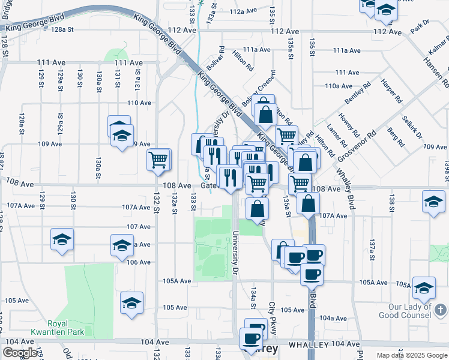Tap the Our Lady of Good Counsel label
point(410,310)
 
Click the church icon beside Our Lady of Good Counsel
point(441,310)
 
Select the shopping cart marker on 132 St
point(159,159)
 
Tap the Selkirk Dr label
point(414,127)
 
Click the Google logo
point(20,353)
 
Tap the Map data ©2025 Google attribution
point(412,355)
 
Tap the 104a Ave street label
point(334,318)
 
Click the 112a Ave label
point(243,11)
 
